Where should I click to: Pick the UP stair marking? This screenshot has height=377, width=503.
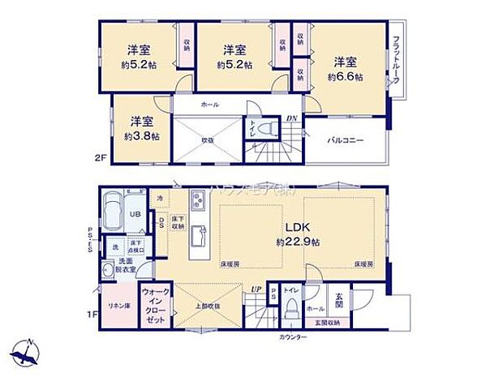click(256, 288)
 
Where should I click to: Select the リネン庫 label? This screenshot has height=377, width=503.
click(116, 306)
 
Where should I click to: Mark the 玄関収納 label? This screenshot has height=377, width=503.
click(339, 323)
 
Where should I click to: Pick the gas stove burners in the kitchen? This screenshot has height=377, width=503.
click(198, 200)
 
